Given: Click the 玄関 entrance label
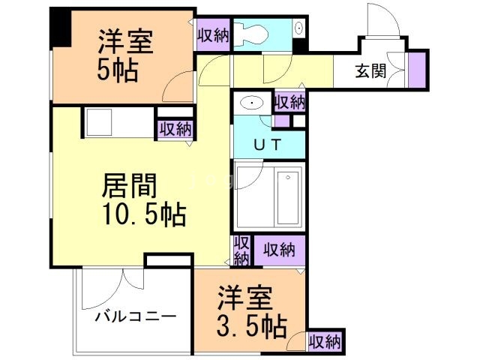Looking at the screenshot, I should pyautogui.click(x=370, y=73).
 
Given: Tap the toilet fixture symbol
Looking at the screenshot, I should pyautogui.click(x=251, y=32).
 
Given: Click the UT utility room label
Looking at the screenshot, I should pyautogui.click(x=268, y=145).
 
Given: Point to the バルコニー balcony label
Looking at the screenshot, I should pyautogui.click(x=136, y=316).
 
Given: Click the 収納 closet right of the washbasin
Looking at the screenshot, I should pyautogui.click(x=289, y=102).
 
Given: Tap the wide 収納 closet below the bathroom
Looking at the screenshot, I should pyautogui.click(x=278, y=249).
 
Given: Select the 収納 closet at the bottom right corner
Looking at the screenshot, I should pyautogui.click(x=325, y=341).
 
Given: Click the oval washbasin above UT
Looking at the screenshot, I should pyautogui.click(x=250, y=103).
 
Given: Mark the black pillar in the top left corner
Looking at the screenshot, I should pyautogui.click(x=58, y=26).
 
